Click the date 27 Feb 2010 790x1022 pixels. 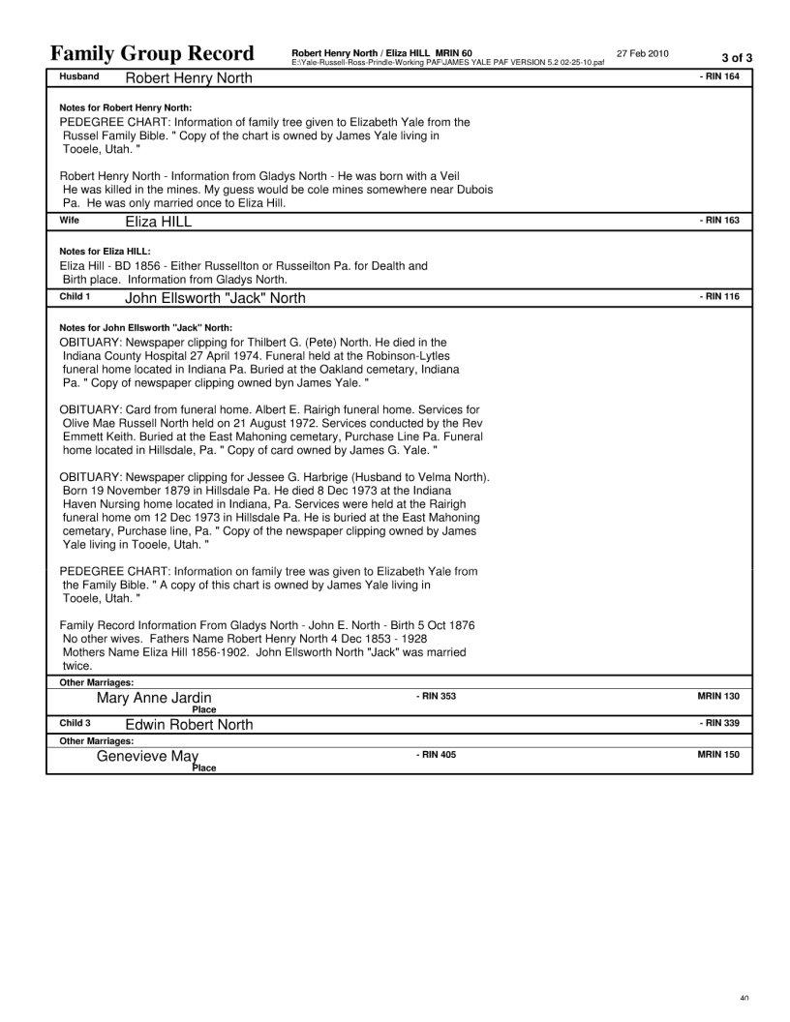coord(642,52)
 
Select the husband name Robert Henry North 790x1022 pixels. coord(189,77)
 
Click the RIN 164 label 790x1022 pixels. coord(719,75)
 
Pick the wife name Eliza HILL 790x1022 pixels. coord(159,222)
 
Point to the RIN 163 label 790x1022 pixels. coord(719,221)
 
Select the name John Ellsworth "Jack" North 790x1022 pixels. coord(215,298)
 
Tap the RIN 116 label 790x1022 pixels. coord(719,296)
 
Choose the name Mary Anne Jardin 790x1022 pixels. coord(154,698)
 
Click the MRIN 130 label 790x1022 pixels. coord(718,696)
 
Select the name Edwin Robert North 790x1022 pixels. coord(189,725)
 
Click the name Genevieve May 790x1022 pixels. coord(147,756)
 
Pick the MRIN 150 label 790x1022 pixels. coord(718,754)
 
